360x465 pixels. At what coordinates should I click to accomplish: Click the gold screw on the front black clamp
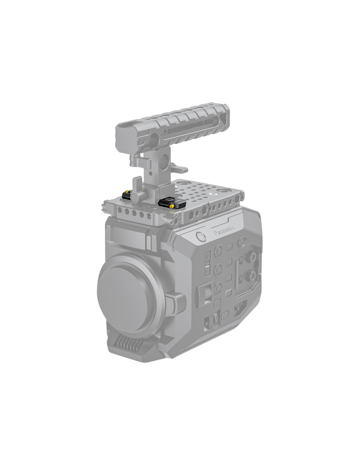click(x=171, y=206)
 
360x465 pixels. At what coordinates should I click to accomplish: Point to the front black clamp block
click(x=168, y=202)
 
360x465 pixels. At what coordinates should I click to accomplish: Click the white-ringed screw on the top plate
click(x=212, y=194)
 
